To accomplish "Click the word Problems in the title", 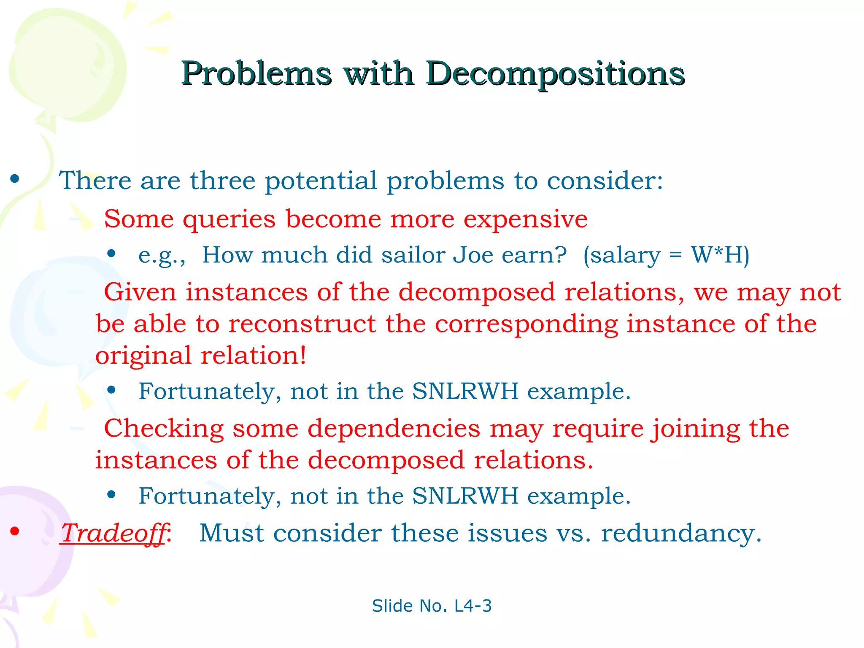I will click(256, 73).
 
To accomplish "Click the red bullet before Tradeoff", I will click(15, 531).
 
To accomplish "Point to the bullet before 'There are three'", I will click(15, 179).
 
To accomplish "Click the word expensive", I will click(525, 219).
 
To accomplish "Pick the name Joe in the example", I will click(473, 255).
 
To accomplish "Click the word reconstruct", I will click(302, 324).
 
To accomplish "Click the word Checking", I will click(164, 429).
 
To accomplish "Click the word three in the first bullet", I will click(222, 181).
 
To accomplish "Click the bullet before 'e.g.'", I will click(111, 254).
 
